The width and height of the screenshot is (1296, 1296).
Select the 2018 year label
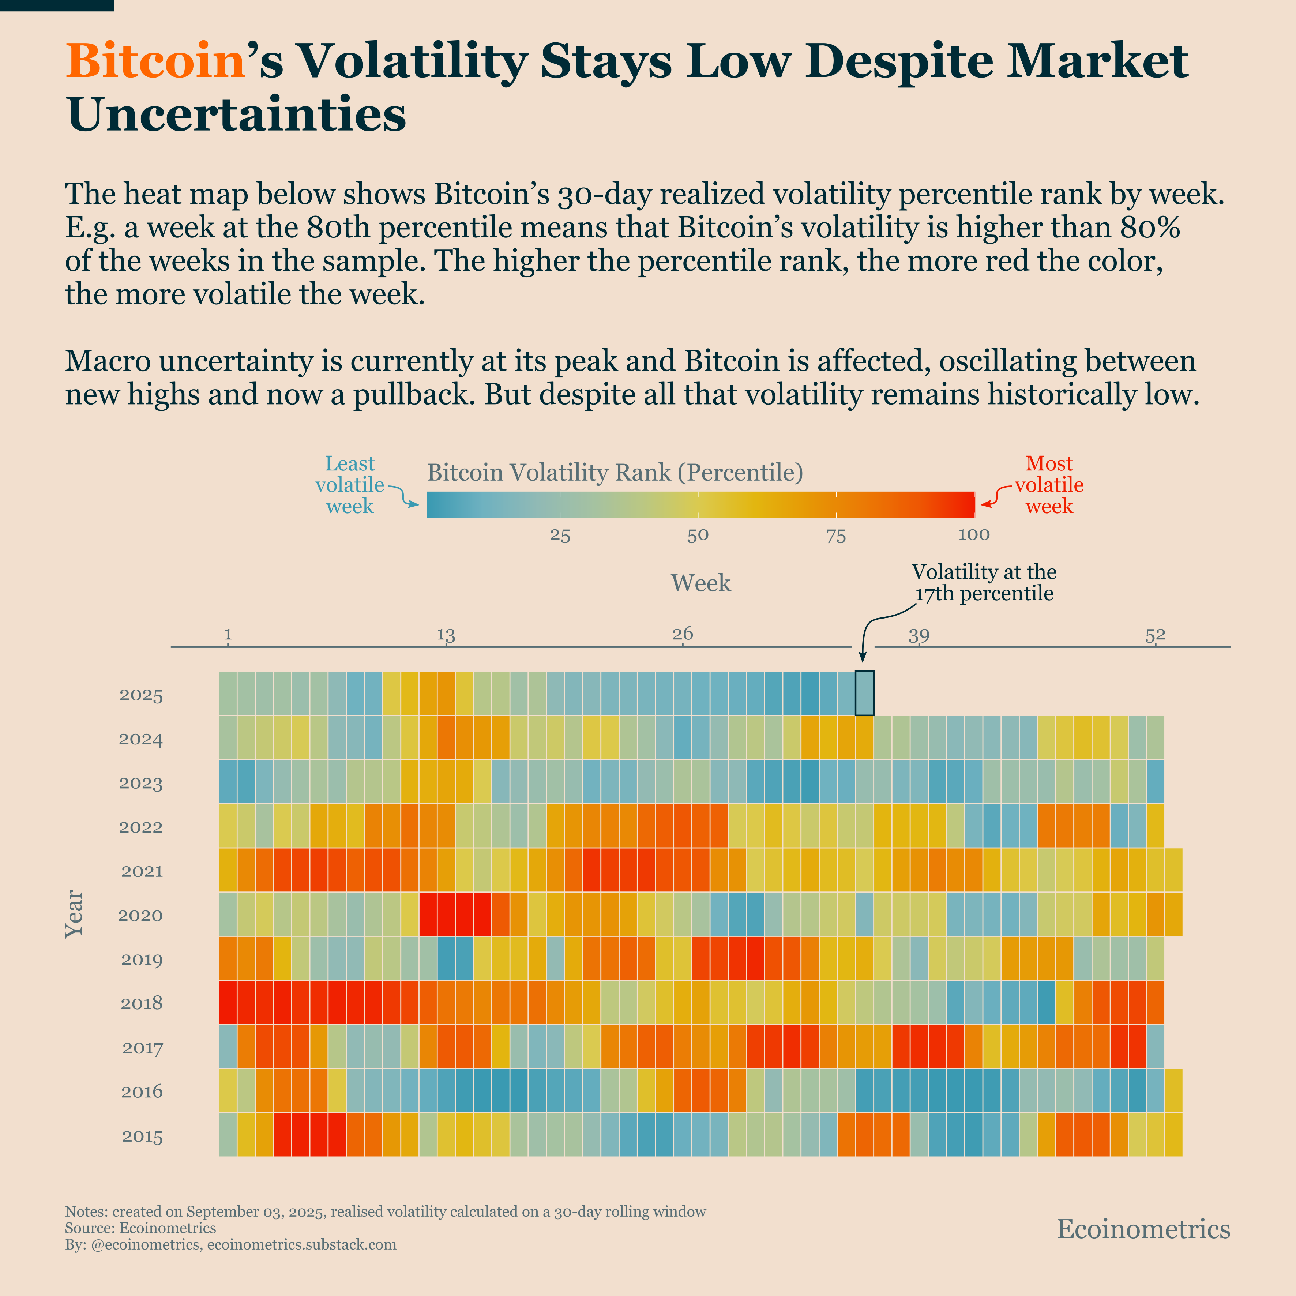141,1003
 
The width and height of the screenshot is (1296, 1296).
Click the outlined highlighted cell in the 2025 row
864,693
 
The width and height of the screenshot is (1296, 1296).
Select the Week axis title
700,583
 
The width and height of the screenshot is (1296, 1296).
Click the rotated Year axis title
74,914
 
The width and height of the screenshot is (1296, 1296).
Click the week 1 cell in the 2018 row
228,1002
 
